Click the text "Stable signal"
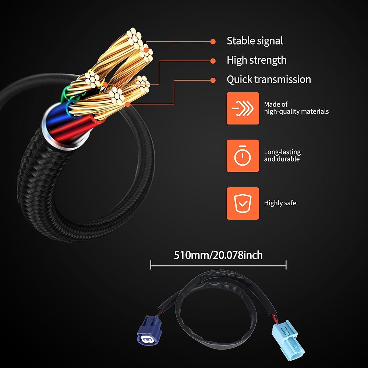(x=255, y=41)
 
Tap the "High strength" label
(x=256, y=60)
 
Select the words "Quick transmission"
(x=269, y=79)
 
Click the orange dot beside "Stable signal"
(x=213, y=42)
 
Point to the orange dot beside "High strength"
(x=213, y=61)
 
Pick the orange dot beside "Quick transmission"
(x=213, y=80)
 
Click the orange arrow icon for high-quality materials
(x=243, y=108)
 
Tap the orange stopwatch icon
(x=243, y=156)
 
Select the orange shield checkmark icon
(x=243, y=204)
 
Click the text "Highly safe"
(x=280, y=203)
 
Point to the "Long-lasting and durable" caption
(x=282, y=155)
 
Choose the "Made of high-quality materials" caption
(x=296, y=108)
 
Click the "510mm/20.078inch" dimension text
(x=218, y=255)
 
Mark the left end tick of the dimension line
(x=151, y=265)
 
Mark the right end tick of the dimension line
(x=286, y=265)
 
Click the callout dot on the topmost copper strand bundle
(x=146, y=50)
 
